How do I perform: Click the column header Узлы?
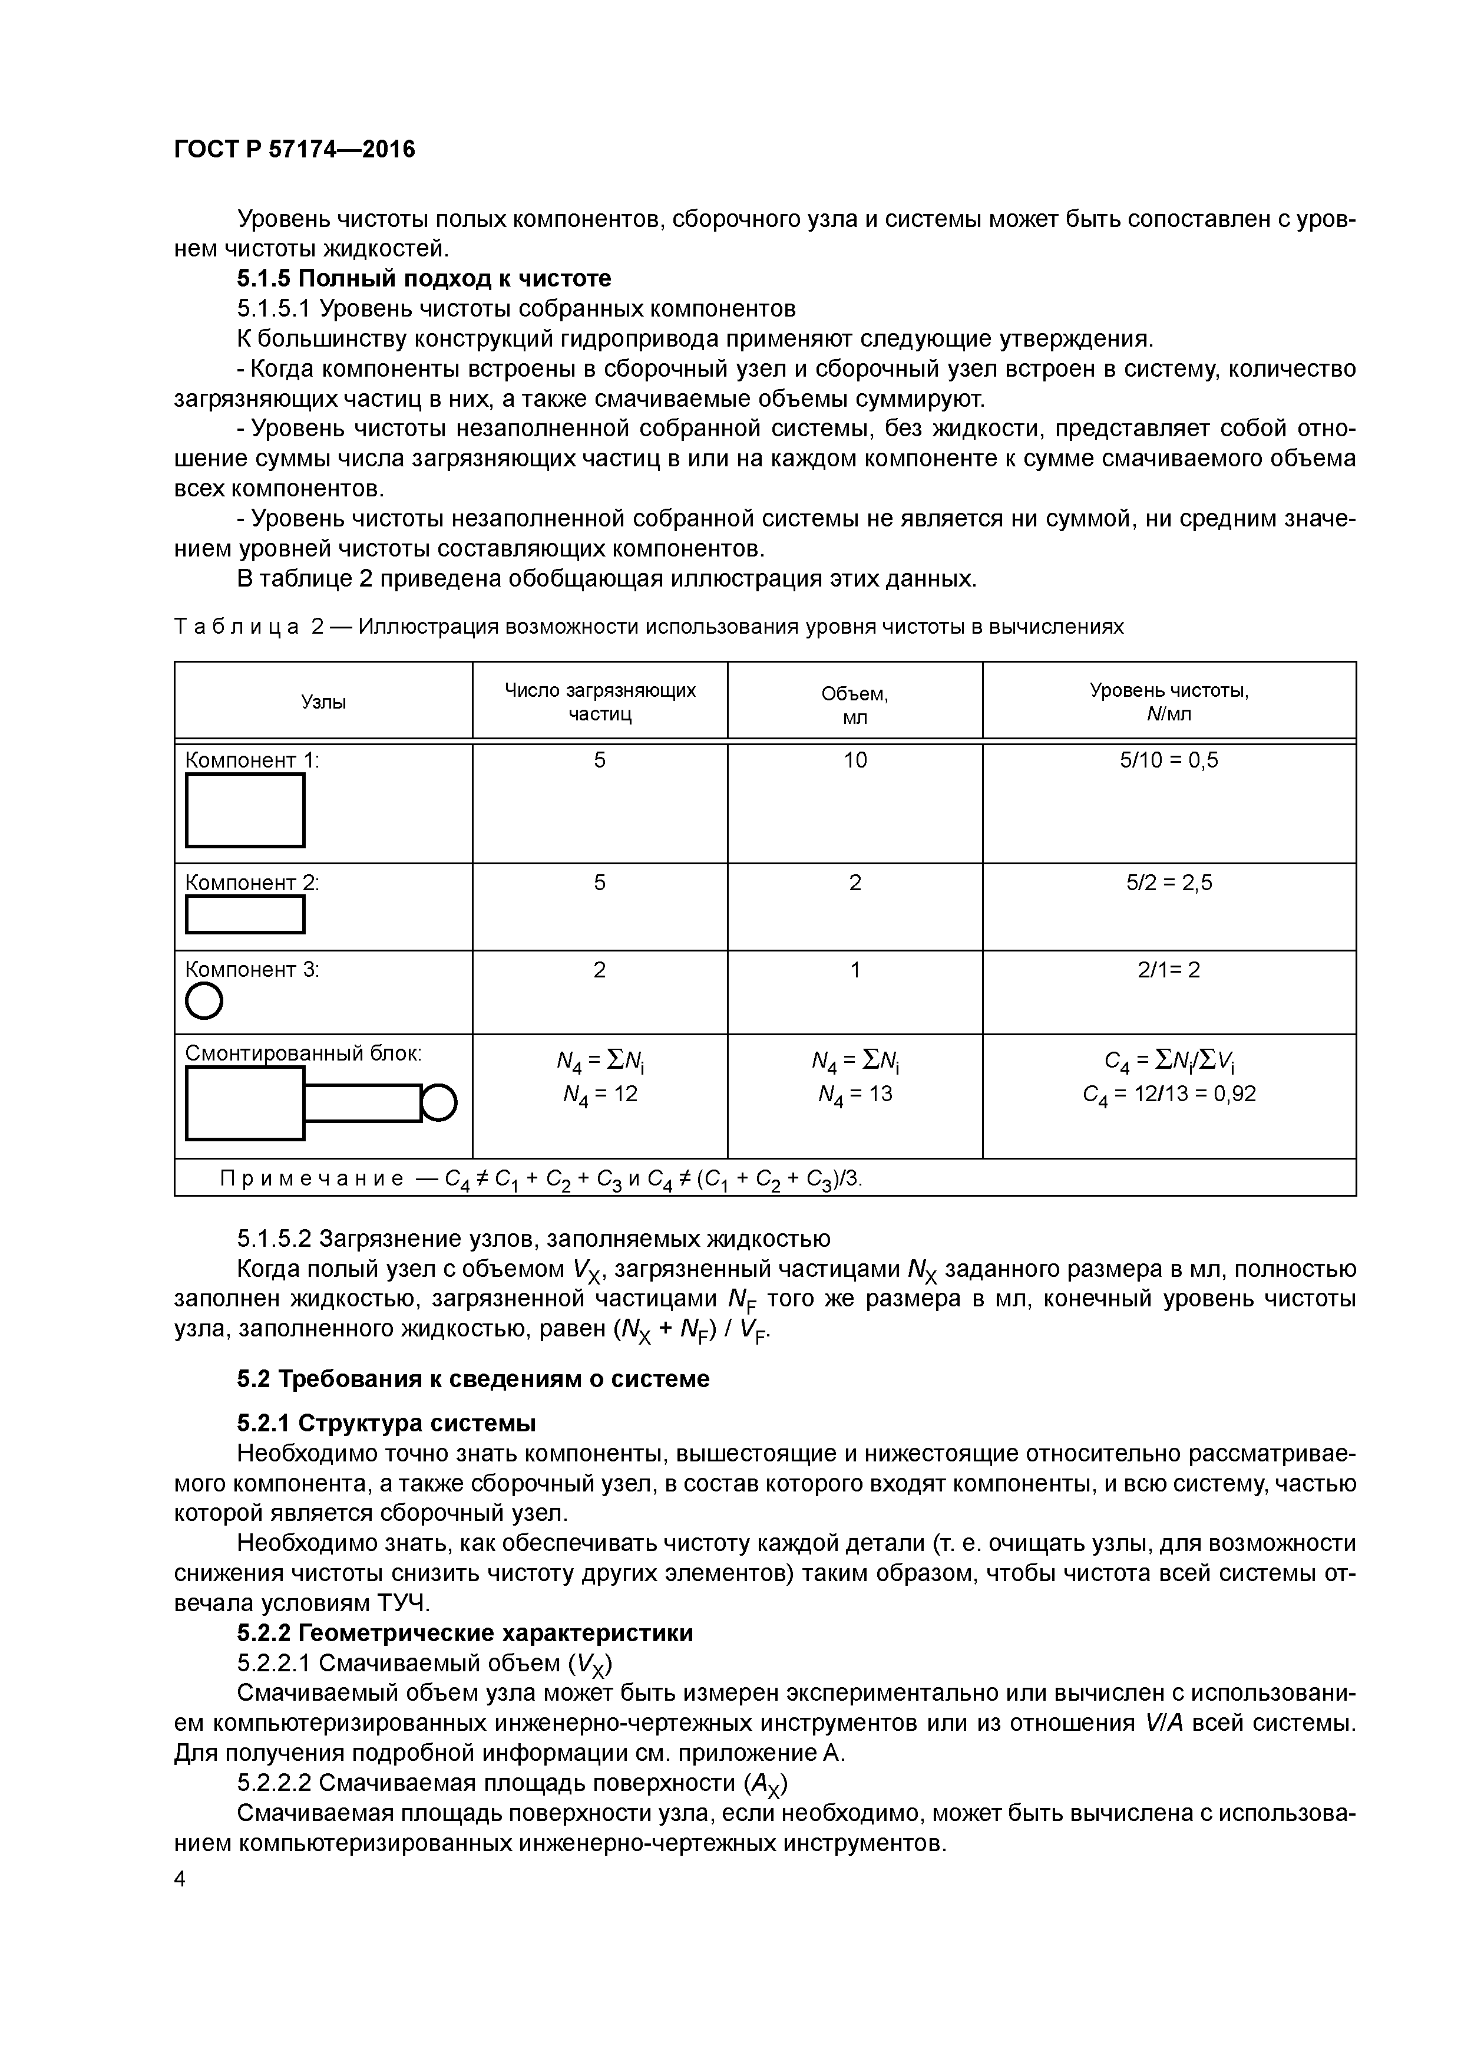click(x=323, y=702)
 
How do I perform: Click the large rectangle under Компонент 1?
click(x=245, y=810)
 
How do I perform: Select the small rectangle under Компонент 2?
click(x=245, y=914)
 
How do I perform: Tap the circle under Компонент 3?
click(x=204, y=1000)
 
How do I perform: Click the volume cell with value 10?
click(x=854, y=760)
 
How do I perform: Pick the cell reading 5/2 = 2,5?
click(x=1168, y=882)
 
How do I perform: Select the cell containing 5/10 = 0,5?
click(x=1168, y=760)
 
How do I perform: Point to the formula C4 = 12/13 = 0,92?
click(x=1168, y=1094)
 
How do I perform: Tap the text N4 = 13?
click(x=854, y=1094)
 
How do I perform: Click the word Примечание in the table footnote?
click(x=312, y=1179)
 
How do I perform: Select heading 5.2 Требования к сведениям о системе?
click(x=472, y=1379)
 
